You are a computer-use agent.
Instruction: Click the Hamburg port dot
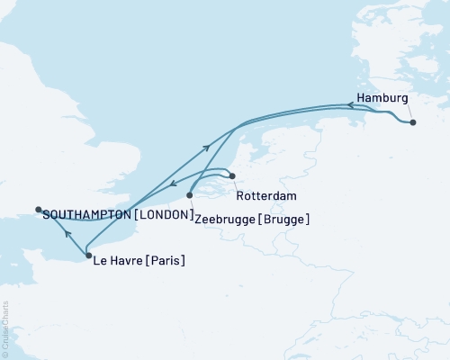(x=412, y=122)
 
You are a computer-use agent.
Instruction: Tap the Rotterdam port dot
(x=231, y=176)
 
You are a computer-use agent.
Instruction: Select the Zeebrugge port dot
(x=190, y=194)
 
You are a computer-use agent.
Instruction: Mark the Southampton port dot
(x=38, y=210)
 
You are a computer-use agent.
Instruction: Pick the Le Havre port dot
(x=87, y=256)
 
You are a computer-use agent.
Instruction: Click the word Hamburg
(x=382, y=97)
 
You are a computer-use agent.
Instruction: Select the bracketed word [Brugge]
(x=286, y=218)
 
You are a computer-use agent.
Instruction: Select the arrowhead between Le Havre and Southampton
(x=67, y=232)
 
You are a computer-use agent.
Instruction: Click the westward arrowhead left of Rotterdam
(x=174, y=184)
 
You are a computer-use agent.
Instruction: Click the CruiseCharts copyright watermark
(x=5, y=328)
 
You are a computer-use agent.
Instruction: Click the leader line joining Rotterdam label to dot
(x=236, y=183)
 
